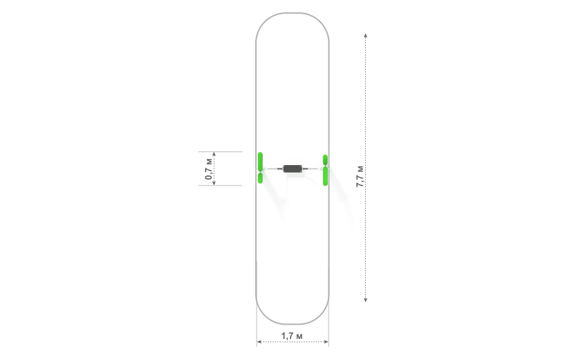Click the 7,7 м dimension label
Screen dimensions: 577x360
[x=360, y=177]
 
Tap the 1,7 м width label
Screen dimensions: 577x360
[x=292, y=336]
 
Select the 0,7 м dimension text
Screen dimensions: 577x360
[x=208, y=168]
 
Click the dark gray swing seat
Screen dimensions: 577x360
[x=293, y=168]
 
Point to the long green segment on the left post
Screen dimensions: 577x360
[x=260, y=162]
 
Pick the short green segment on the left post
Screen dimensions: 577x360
[x=260, y=178]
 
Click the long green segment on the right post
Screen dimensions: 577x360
[x=325, y=177]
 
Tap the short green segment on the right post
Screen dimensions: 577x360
[x=325, y=160]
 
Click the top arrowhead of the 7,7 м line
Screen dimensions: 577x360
[x=365, y=35]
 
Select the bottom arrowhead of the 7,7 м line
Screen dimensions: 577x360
[x=365, y=300]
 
